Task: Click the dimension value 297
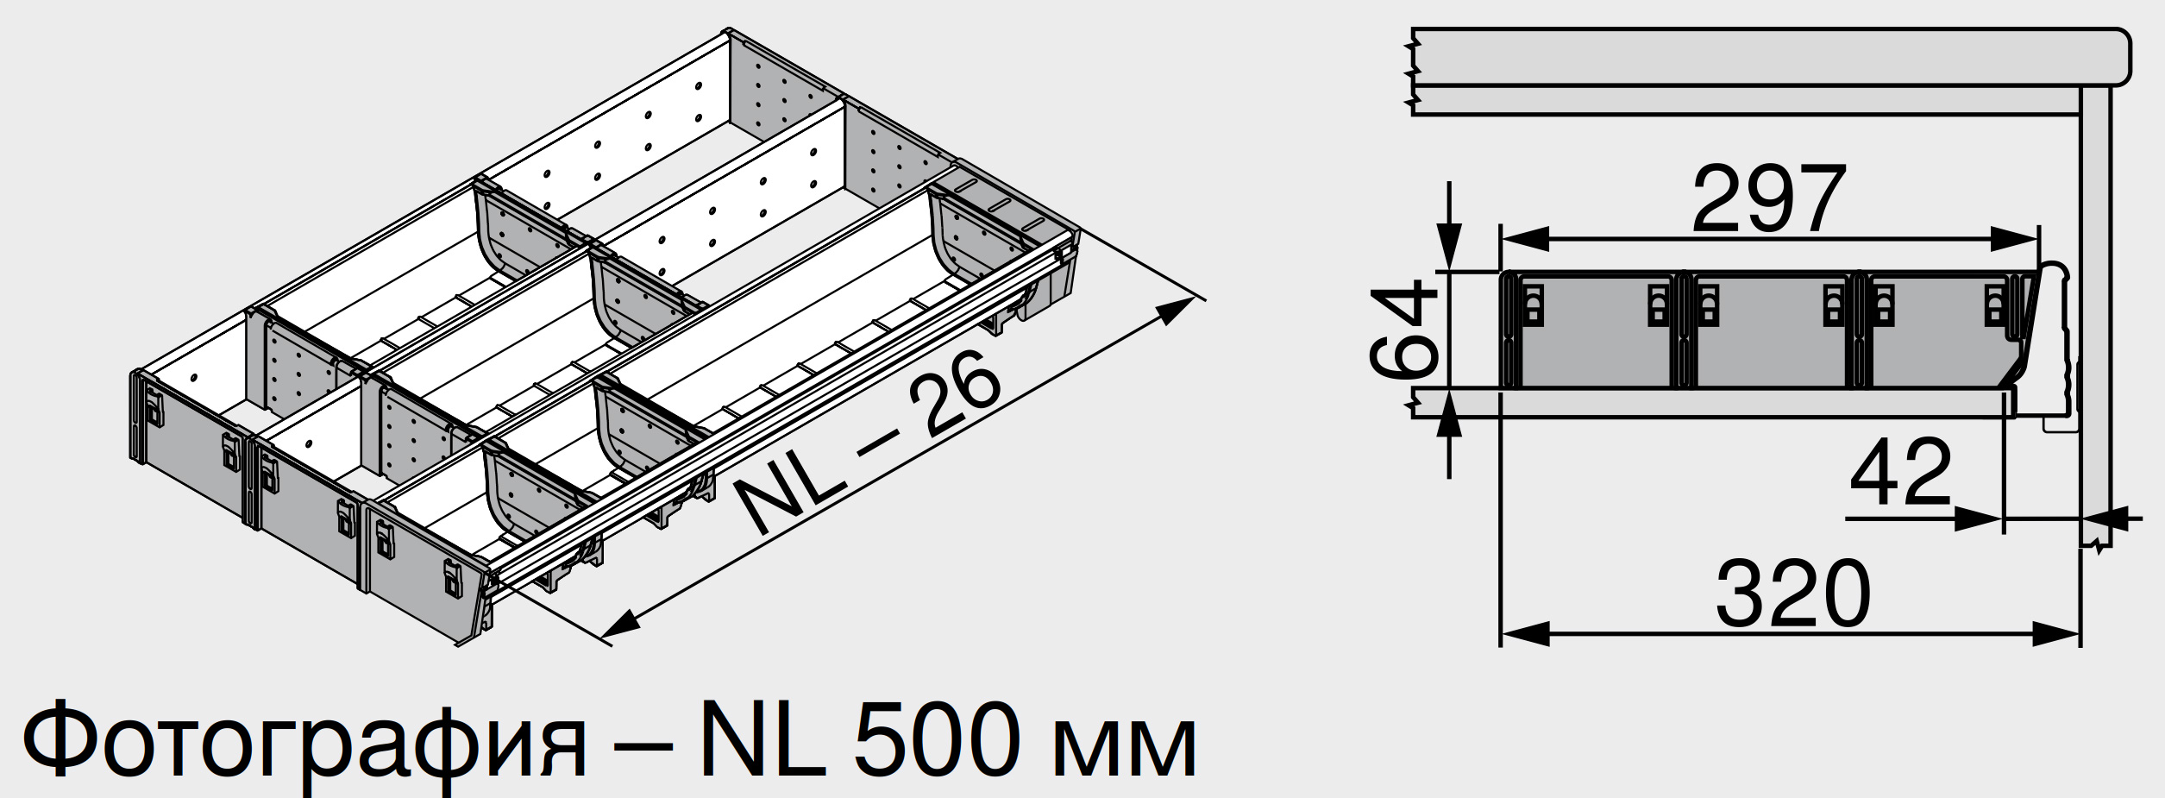(x=1769, y=199)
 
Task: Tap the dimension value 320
(x=1793, y=594)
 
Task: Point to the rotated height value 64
(x=1404, y=329)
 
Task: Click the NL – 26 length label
(x=870, y=443)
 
